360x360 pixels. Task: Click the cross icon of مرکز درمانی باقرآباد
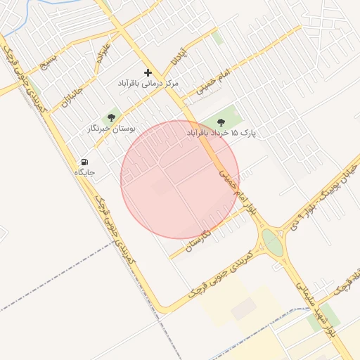[x=148, y=72]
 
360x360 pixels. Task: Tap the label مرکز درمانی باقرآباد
[x=148, y=84]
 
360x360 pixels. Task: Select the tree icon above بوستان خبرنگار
[x=111, y=117]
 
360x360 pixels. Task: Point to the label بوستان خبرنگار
[x=111, y=129]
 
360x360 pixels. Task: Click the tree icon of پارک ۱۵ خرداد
[x=221, y=122]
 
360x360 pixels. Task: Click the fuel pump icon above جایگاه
[x=85, y=162]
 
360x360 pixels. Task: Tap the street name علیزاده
[x=103, y=53]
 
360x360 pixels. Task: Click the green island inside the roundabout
[x=273, y=245]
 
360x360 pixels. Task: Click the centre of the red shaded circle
[x=180, y=180]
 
